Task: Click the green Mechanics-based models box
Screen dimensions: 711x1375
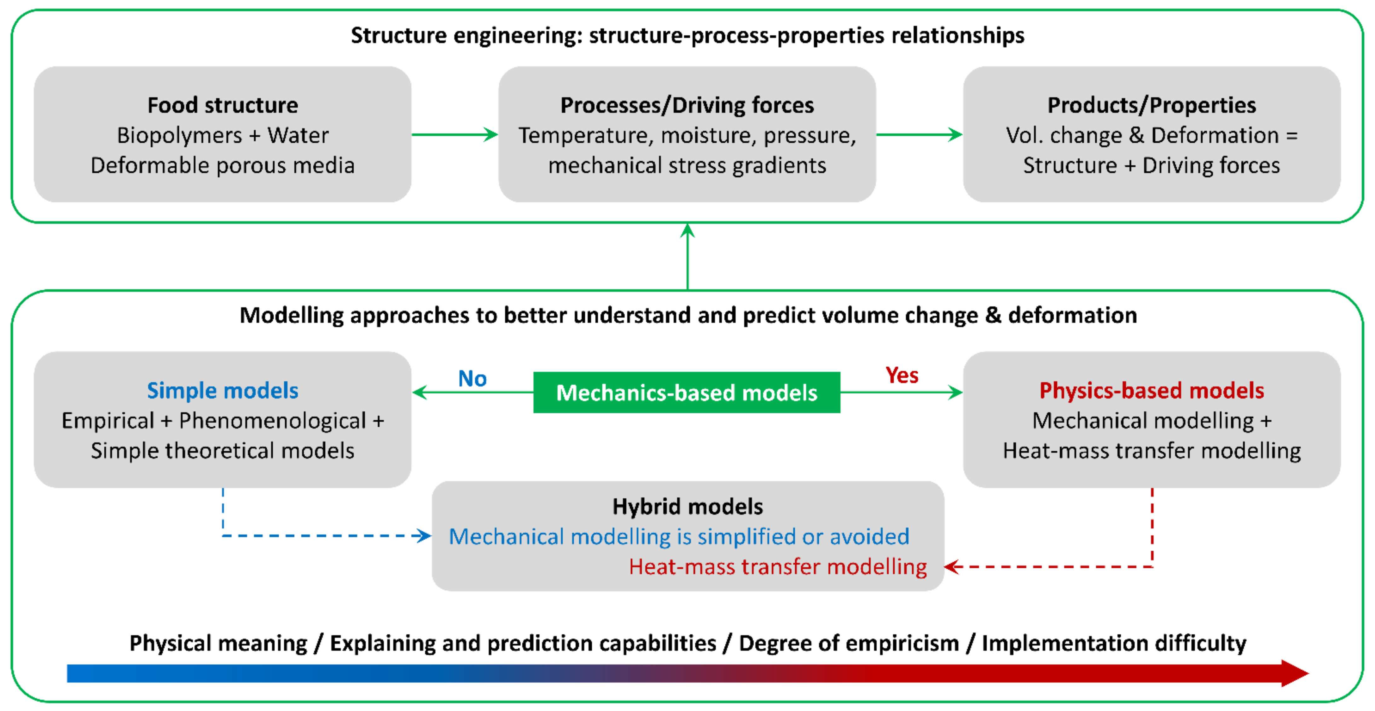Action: pyautogui.click(x=687, y=393)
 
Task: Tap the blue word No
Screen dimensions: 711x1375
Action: pyautogui.click(x=473, y=379)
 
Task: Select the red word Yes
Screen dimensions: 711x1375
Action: pyautogui.click(x=902, y=376)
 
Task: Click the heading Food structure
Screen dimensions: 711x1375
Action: pyautogui.click(x=223, y=105)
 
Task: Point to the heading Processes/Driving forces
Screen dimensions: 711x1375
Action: pyautogui.click(x=687, y=105)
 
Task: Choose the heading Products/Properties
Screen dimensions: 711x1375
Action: pyautogui.click(x=1151, y=105)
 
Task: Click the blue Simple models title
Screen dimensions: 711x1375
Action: pyautogui.click(x=223, y=390)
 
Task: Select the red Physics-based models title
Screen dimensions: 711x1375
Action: pyautogui.click(x=1151, y=390)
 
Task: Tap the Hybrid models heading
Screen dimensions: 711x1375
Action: pyautogui.click(x=687, y=507)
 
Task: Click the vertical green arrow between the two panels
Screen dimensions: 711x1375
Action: pyautogui.click(x=687, y=257)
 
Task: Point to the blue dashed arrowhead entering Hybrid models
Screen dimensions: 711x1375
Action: pyautogui.click(x=424, y=536)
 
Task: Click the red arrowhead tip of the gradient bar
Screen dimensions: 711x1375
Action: pyautogui.click(x=1297, y=673)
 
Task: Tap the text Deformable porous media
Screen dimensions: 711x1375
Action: pyautogui.click(x=223, y=166)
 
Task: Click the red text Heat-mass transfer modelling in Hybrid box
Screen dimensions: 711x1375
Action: pyautogui.click(x=778, y=567)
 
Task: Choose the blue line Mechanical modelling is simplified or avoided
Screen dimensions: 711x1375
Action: pyautogui.click(x=679, y=536)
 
